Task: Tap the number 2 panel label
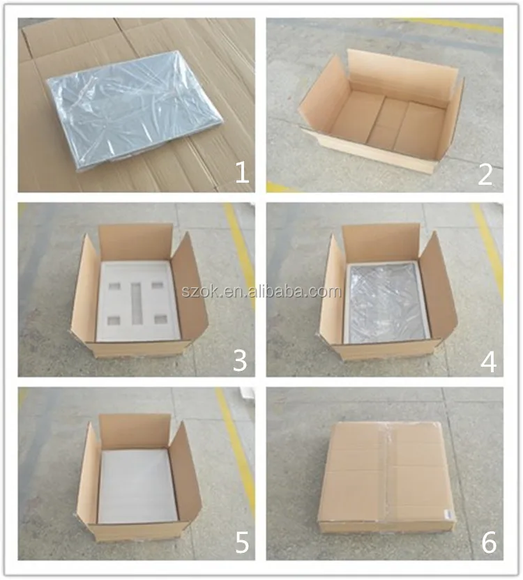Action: (x=485, y=174)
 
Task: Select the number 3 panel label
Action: (x=240, y=360)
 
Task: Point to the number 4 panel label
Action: (x=487, y=360)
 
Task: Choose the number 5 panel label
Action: (x=240, y=542)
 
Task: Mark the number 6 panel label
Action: (x=487, y=542)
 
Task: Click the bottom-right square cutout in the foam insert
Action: (x=160, y=319)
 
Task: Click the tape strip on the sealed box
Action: (x=388, y=474)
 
